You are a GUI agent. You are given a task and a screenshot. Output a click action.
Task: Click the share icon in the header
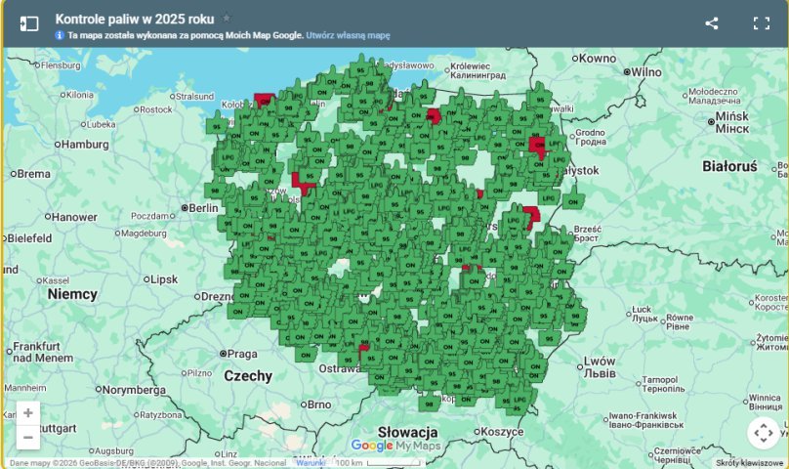[712, 23]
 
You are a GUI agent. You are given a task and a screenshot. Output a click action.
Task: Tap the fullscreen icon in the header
[762, 23]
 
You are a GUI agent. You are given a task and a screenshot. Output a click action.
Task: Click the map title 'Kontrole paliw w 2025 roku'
[135, 19]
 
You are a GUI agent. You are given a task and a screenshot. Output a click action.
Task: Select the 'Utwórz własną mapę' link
[348, 35]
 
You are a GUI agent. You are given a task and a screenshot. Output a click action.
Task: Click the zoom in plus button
[28, 413]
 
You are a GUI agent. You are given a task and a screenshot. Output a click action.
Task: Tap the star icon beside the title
[227, 19]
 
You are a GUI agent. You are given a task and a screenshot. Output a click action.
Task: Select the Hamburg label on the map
[86, 144]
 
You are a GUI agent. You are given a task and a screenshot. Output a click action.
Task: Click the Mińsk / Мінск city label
[730, 121]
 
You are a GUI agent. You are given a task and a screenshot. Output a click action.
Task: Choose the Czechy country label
[249, 375]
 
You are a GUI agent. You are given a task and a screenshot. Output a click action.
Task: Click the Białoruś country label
[729, 166]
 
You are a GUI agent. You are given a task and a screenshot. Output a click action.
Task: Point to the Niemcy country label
[72, 293]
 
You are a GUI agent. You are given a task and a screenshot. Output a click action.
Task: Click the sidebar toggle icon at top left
[29, 23]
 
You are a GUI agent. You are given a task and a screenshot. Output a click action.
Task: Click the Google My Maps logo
[395, 446]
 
